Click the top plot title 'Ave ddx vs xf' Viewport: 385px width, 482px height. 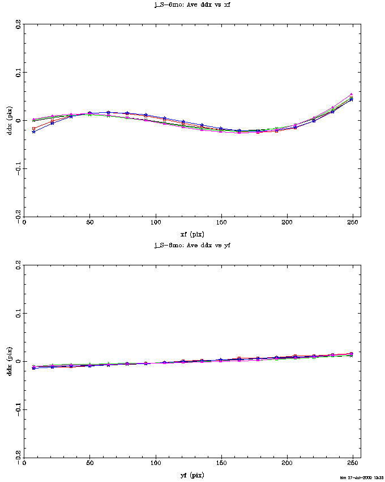(192, 4)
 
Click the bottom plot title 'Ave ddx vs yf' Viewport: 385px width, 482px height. (192, 245)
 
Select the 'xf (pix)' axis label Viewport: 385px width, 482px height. (192, 234)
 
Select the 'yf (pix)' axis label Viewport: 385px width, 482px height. (192, 475)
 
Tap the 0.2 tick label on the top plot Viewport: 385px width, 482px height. (18, 24)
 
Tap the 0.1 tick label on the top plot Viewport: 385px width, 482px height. (18, 73)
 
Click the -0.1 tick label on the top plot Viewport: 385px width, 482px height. (18, 168)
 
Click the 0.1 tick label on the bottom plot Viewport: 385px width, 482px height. (18, 314)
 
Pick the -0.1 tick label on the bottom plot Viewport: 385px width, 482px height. (18, 409)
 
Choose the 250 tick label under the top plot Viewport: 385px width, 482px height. (353, 223)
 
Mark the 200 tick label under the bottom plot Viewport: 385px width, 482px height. (287, 464)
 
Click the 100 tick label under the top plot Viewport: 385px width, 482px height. (155, 223)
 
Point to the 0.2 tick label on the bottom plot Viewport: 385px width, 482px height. (18, 265)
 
